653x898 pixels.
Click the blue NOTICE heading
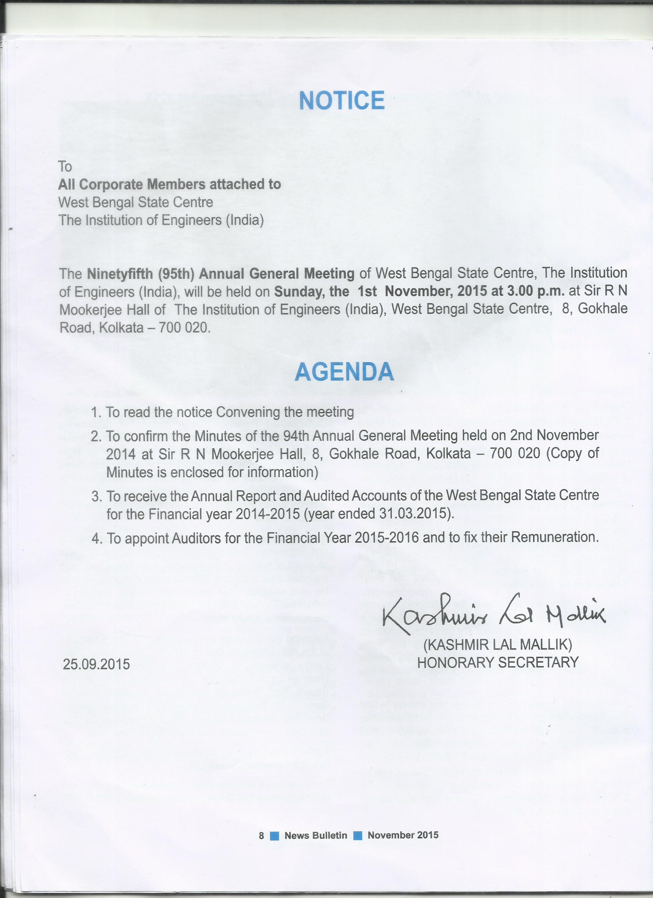pos(341,100)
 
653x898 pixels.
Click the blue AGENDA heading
pos(344,372)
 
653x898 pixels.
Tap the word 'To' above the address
pos(65,167)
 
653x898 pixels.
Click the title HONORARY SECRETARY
pos(498,663)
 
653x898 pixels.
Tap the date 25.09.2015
pos(96,664)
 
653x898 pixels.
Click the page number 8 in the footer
pos(261,835)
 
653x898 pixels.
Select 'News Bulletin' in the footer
pos(316,835)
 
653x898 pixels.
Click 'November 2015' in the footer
pos(403,835)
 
